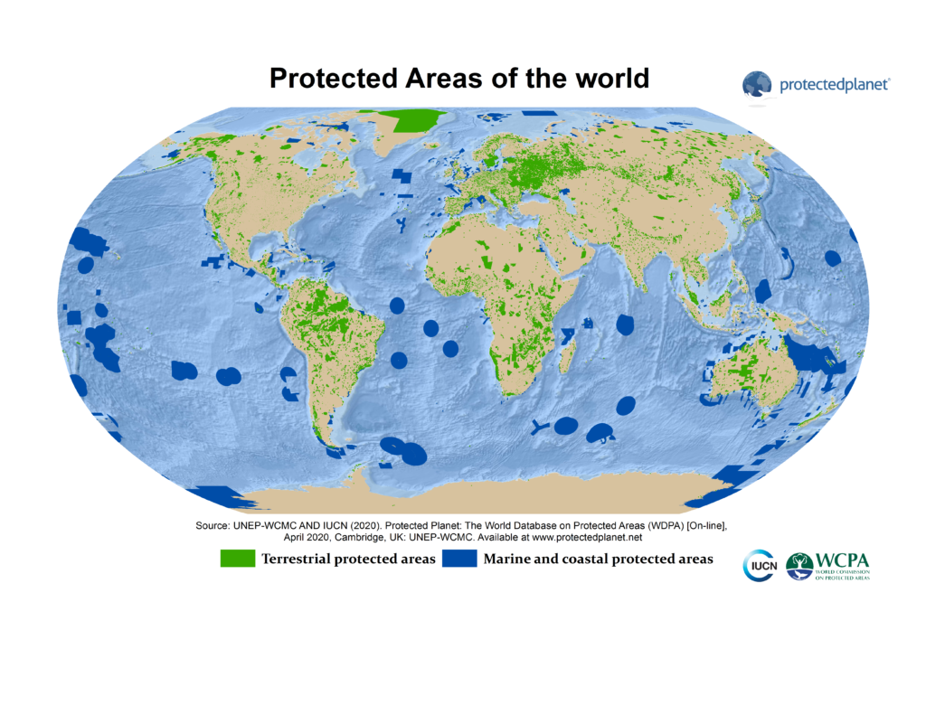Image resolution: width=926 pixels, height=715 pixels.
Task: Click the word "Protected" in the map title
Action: pos(332,78)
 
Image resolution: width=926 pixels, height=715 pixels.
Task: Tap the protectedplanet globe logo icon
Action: pos(758,86)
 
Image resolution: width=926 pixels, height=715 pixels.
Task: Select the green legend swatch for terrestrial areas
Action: pos(238,559)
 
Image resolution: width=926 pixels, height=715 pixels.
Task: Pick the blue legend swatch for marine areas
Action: pos(459,559)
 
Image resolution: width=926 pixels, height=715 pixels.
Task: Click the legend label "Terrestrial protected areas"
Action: pos(348,559)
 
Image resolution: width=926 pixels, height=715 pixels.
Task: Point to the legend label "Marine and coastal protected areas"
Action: pos(598,559)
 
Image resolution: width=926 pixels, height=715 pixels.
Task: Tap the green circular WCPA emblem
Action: pos(799,566)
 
